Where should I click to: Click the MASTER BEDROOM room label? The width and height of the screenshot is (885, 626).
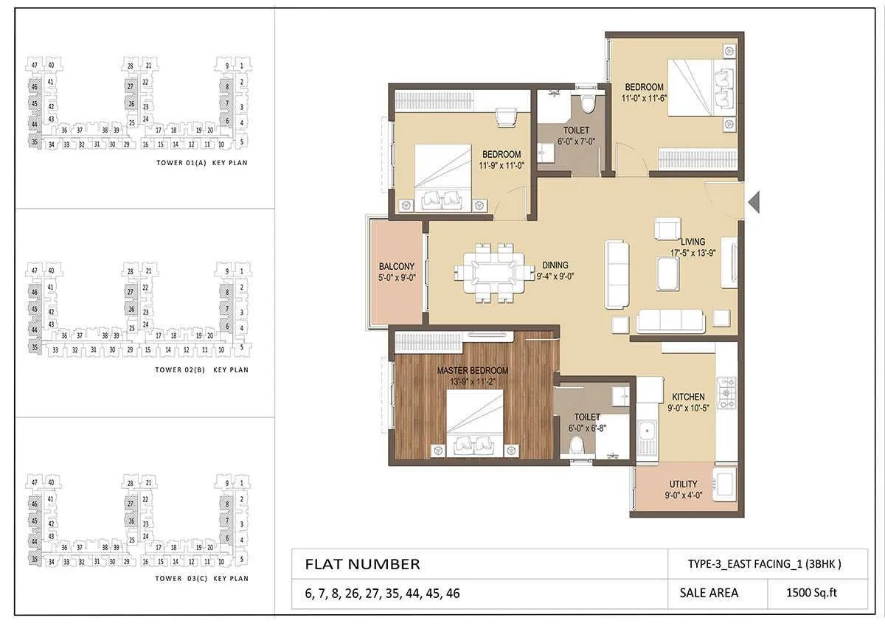(x=473, y=370)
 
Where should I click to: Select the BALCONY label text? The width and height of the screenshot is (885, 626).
(x=396, y=267)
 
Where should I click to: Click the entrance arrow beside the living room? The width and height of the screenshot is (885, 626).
(x=753, y=201)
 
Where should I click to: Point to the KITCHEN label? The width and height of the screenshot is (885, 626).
(x=687, y=397)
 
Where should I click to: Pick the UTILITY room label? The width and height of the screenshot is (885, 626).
(x=683, y=484)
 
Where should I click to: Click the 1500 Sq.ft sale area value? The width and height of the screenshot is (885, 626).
(x=811, y=592)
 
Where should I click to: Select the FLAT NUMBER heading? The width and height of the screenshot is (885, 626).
(x=362, y=565)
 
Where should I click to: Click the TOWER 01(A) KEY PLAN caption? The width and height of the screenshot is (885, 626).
(x=202, y=162)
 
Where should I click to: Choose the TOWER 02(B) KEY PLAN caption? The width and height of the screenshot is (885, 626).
(x=202, y=369)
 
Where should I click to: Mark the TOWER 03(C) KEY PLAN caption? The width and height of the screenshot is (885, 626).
(x=202, y=579)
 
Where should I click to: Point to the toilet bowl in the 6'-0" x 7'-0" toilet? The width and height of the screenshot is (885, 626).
(x=588, y=104)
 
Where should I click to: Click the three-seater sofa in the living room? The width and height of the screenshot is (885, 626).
(x=670, y=320)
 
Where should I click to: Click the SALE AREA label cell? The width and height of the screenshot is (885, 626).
(x=703, y=592)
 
